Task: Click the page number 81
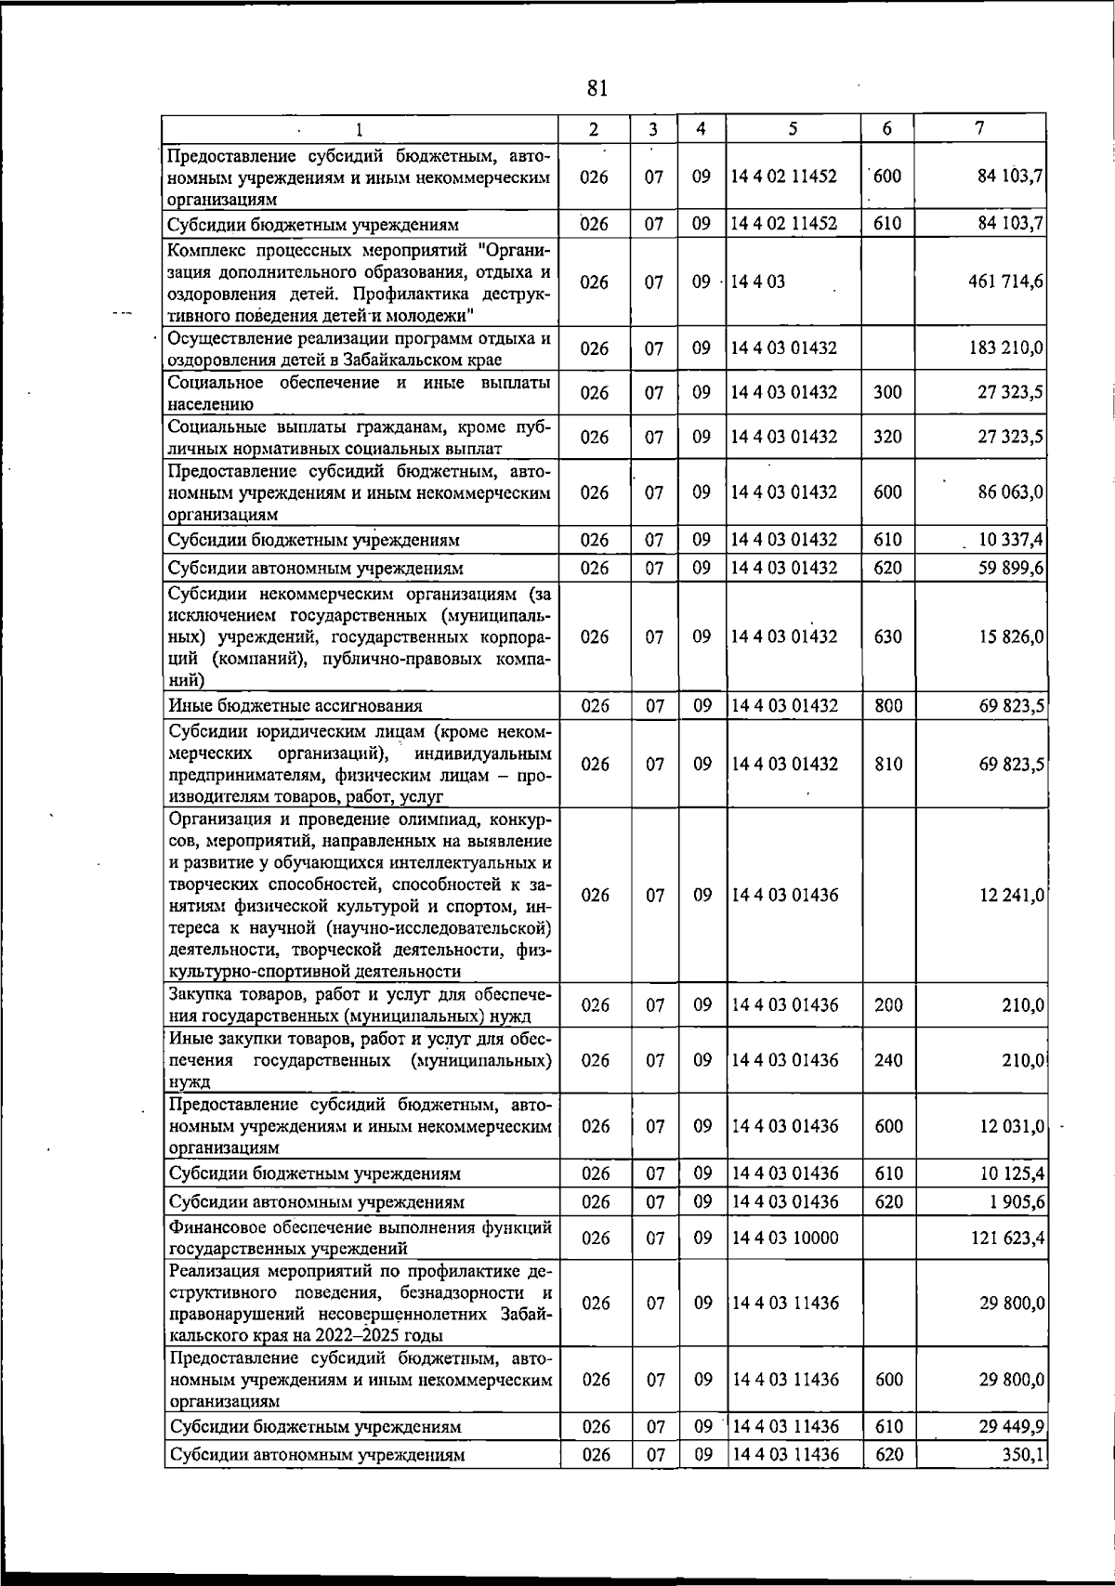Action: pos(597,88)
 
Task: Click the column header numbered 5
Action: pos(792,129)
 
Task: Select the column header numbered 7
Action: pos(980,129)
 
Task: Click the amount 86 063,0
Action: pos(1010,492)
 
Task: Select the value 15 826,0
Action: pos(1010,636)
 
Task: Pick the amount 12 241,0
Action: pos(1010,895)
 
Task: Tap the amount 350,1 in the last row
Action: pos(1023,1455)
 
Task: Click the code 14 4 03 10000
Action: pos(785,1238)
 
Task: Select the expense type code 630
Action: pos(888,636)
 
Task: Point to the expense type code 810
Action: pos(888,764)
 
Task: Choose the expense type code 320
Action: pos(888,437)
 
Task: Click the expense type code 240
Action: pos(888,1060)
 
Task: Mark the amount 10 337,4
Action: pos(1010,540)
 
